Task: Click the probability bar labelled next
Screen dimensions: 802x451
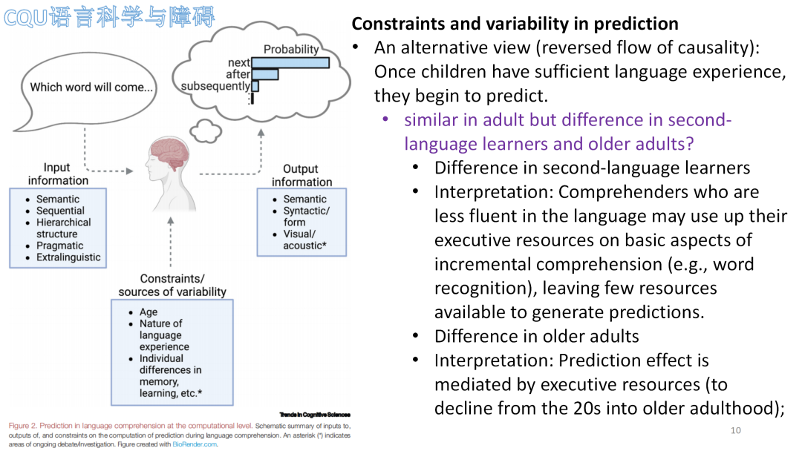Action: (290, 63)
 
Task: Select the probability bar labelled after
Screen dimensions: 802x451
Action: (265, 75)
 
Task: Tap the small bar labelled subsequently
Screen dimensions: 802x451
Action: (255, 86)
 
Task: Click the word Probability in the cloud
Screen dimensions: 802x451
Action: (291, 49)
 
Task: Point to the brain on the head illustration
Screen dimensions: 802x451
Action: (169, 152)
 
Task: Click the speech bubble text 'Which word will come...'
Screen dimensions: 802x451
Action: (91, 88)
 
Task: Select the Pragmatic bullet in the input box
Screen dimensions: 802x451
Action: (59, 246)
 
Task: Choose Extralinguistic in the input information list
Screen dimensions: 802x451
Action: (68, 257)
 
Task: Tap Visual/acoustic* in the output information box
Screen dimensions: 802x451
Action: (304, 240)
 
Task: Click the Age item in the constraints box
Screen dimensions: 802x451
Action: (149, 312)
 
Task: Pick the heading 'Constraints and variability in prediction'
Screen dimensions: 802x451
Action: (515, 24)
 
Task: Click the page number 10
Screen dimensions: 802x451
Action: (735, 430)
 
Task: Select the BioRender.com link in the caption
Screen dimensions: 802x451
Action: (195, 444)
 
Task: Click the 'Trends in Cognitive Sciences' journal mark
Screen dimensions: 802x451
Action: (315, 415)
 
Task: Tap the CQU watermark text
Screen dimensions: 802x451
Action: (109, 17)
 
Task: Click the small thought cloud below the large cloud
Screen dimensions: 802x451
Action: (206, 131)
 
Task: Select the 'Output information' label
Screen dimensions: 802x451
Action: (301, 176)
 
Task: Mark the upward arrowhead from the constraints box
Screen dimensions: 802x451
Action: (170, 220)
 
